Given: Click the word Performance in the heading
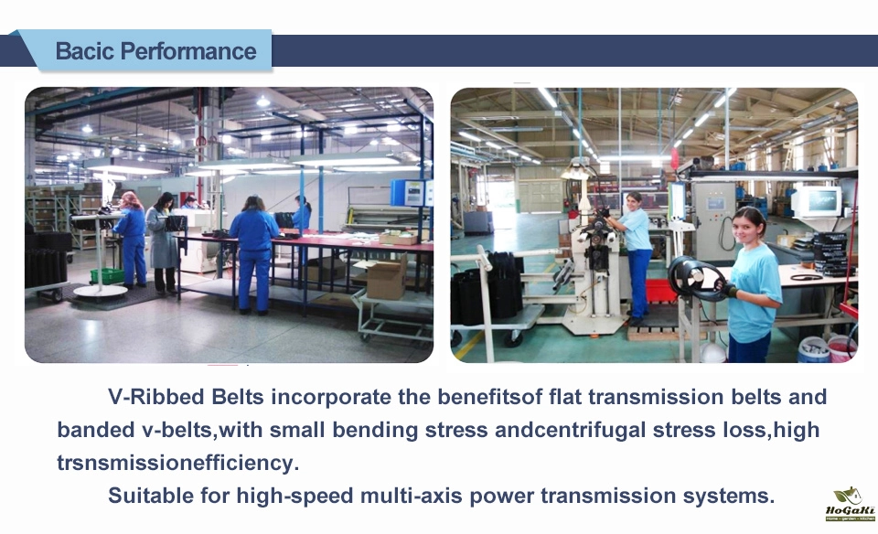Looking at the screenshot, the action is (188, 51).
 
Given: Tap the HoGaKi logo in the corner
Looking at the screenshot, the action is (850, 504).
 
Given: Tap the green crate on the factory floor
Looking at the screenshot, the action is (107, 275).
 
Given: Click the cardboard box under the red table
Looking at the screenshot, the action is (386, 278).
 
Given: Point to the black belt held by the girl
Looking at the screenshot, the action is (694, 278).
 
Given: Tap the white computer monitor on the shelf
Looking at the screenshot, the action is (815, 202).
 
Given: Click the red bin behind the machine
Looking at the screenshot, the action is (661, 291).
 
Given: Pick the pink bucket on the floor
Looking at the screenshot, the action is (841, 348).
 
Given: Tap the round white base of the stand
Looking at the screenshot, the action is (101, 291).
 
